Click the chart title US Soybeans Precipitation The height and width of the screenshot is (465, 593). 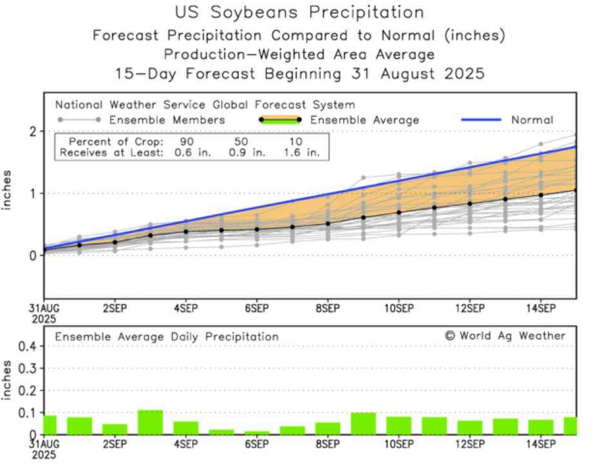(300, 12)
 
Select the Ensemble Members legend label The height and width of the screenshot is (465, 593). (167, 120)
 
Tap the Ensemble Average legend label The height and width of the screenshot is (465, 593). (365, 120)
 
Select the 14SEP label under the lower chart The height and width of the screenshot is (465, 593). (540, 444)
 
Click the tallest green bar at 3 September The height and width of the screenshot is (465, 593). (150, 422)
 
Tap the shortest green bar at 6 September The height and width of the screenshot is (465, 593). (257, 433)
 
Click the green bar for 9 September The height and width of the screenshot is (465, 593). (363, 423)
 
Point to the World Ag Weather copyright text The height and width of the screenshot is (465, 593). (505, 336)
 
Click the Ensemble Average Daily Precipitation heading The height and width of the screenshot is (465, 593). (166, 337)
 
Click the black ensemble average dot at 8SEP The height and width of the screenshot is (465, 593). (327, 223)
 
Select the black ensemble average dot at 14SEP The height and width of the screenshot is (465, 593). (541, 195)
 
